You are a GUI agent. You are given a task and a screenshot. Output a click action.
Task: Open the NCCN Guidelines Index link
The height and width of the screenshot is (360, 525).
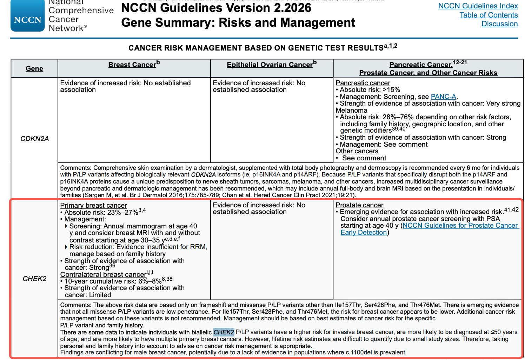click(x=478, y=6)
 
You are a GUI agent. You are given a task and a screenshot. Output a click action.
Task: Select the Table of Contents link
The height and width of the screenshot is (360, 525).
click(x=489, y=15)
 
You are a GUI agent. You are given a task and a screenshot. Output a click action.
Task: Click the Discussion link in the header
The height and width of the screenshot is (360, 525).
click(x=499, y=24)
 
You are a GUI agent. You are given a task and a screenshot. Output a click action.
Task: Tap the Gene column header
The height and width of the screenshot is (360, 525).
click(x=34, y=69)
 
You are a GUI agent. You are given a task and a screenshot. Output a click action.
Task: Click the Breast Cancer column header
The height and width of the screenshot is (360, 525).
click(x=132, y=65)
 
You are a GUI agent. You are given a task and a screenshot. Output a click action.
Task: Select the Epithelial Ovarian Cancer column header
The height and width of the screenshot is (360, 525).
click(x=270, y=65)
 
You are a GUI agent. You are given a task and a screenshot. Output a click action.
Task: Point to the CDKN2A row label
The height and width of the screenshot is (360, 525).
click(x=34, y=139)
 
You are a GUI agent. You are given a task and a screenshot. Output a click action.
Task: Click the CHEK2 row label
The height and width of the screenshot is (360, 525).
click(x=34, y=279)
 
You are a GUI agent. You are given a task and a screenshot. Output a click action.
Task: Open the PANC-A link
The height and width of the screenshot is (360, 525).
click(x=444, y=97)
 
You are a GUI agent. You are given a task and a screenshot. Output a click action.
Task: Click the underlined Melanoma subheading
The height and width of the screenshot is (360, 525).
click(x=351, y=111)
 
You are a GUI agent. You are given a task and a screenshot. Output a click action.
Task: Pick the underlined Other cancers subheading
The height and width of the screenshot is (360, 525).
click(x=357, y=151)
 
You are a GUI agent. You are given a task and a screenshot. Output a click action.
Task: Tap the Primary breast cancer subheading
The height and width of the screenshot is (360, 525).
click(x=93, y=206)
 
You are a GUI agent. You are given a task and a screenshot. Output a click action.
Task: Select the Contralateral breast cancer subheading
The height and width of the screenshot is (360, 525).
click(x=103, y=275)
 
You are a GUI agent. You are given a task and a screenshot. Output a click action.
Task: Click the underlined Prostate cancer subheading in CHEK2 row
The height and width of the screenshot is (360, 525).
click(x=359, y=205)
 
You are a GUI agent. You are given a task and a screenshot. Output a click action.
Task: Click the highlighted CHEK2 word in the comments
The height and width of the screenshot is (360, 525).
click(x=224, y=332)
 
